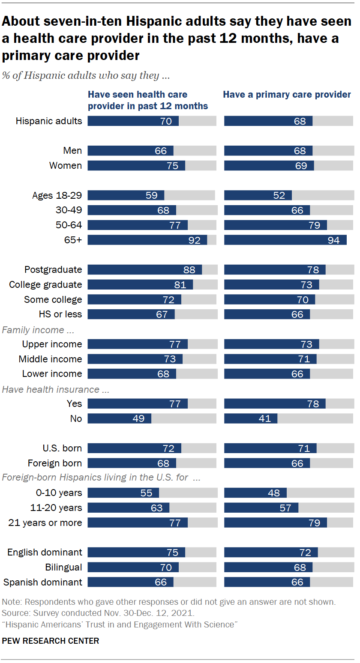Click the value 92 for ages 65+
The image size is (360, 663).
194,240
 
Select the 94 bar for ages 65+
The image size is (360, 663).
285,240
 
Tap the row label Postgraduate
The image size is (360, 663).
53,269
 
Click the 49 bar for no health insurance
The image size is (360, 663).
119,418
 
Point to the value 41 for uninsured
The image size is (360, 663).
265,418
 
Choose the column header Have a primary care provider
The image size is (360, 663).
287,95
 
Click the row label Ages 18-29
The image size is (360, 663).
57,195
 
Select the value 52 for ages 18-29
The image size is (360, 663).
279,195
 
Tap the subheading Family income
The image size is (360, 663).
33,330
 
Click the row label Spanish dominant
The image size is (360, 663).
42,582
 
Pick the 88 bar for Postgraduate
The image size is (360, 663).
144,269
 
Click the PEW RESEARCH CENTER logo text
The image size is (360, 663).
51,641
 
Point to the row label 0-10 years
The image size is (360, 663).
59,493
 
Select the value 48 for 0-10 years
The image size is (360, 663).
274,493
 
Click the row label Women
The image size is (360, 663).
66,165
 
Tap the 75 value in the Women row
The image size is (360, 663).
172,166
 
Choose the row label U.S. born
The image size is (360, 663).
62,448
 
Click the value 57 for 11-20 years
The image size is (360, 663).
285,508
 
